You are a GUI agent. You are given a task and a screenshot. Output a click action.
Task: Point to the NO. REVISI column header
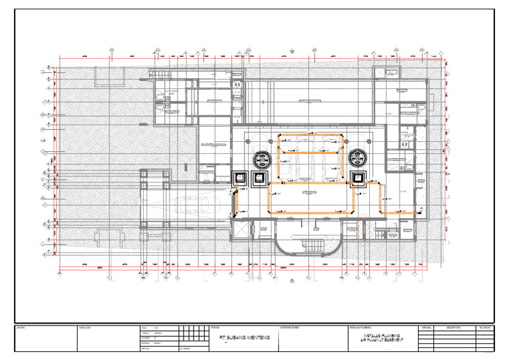[485, 328]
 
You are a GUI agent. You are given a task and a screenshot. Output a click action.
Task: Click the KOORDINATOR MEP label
[291, 328]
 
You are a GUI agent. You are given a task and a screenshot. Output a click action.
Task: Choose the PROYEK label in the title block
[214, 328]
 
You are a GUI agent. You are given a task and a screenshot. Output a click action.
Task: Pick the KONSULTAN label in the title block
[84, 328]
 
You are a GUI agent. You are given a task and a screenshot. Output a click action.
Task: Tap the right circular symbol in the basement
[359, 158]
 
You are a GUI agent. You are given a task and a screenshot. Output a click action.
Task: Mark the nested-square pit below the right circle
[359, 178]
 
